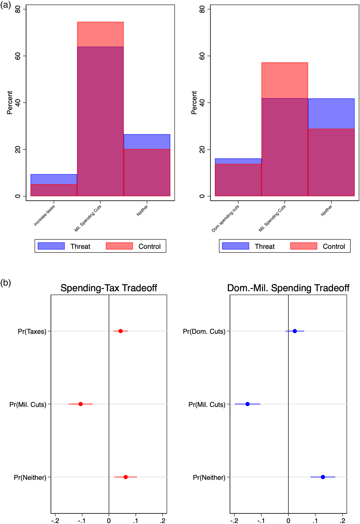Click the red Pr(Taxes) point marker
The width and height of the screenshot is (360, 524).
pyautogui.click(x=120, y=331)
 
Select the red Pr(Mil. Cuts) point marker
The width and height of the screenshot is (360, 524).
pyautogui.click(x=80, y=404)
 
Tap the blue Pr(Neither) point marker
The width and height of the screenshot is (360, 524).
pyautogui.click(x=323, y=477)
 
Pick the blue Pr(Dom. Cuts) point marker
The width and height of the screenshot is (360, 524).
pyautogui.click(x=295, y=331)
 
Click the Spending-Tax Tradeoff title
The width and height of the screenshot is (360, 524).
pyautogui.click(x=109, y=288)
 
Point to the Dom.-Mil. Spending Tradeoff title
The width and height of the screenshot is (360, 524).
pyautogui.click(x=288, y=288)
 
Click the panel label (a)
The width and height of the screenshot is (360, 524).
pyautogui.click(x=5, y=5)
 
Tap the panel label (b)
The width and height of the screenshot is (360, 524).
pyautogui.click(x=5, y=283)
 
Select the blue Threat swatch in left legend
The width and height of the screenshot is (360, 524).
pyautogui.click(x=51, y=246)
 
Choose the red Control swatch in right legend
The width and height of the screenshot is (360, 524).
pyautogui.click(x=303, y=246)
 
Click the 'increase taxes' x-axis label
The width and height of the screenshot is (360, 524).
pyautogui.click(x=44, y=215)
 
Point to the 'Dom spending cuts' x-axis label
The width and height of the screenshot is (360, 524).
pyautogui.click(x=226, y=218)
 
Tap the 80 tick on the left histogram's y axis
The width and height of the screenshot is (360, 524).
pyautogui.click(x=18, y=10)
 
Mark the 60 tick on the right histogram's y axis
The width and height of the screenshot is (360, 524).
pyautogui.click(x=202, y=56)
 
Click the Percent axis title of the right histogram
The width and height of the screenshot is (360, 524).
pyautogui.click(x=194, y=103)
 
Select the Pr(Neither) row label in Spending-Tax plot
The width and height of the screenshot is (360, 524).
pyautogui.click(x=30, y=478)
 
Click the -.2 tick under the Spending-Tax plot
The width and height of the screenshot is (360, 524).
pyautogui.click(x=55, y=520)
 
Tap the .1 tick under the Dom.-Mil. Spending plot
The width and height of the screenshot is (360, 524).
pyautogui.click(x=315, y=520)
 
